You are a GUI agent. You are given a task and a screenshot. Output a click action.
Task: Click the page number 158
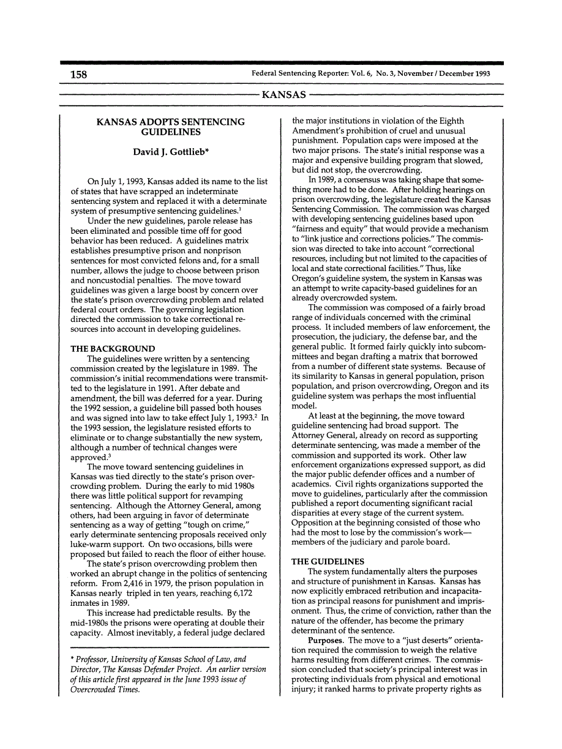pyautogui.click(x=78, y=75)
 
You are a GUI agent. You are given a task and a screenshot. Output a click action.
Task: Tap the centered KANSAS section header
pyautogui.click(x=283, y=95)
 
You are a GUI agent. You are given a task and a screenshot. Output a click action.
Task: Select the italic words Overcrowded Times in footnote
pyautogui.click(x=105, y=689)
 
